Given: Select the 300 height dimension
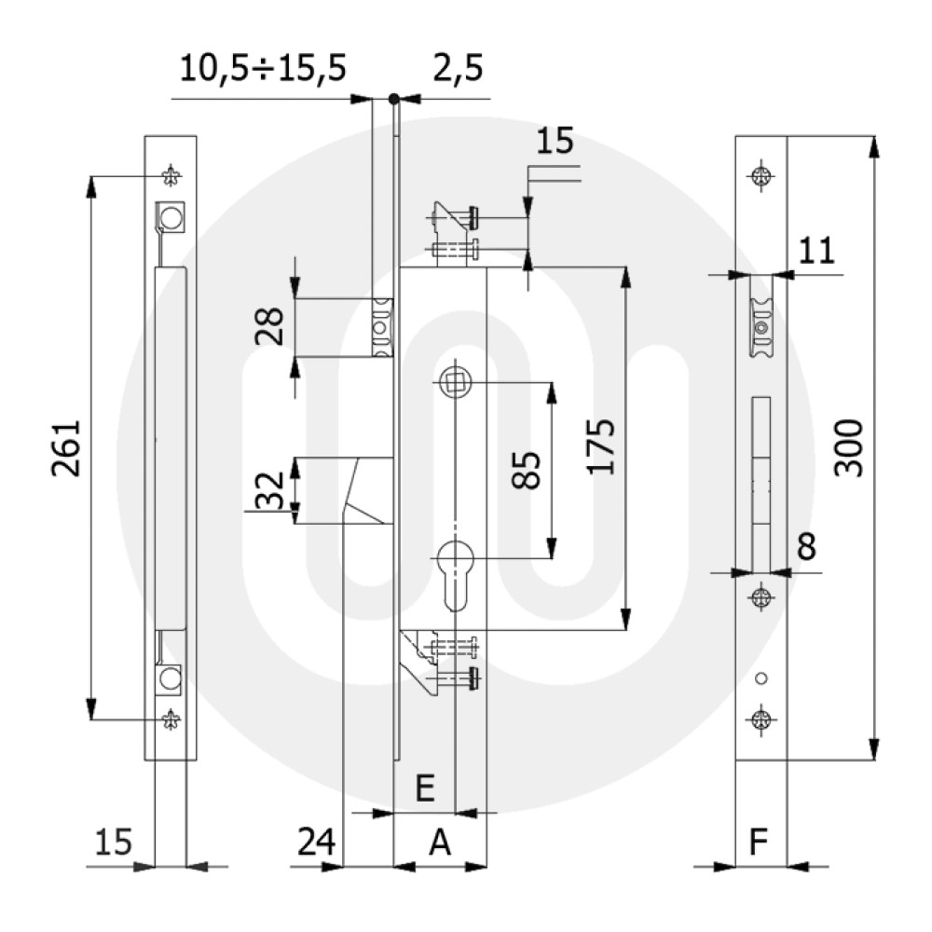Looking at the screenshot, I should point(847,447).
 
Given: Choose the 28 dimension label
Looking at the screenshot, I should point(271,328).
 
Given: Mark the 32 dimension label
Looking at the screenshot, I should point(271,489).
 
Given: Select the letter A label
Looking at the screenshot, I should point(439,843).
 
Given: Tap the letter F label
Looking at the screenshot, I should point(760,843).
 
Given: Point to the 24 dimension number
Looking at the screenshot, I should point(317,843).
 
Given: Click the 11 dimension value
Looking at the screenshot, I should point(816,252).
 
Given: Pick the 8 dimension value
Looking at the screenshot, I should point(806,548).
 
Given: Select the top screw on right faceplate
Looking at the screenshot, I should point(762,175).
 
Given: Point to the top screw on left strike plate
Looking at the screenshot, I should point(171,175).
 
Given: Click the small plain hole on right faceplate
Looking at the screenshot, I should point(762,678).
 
